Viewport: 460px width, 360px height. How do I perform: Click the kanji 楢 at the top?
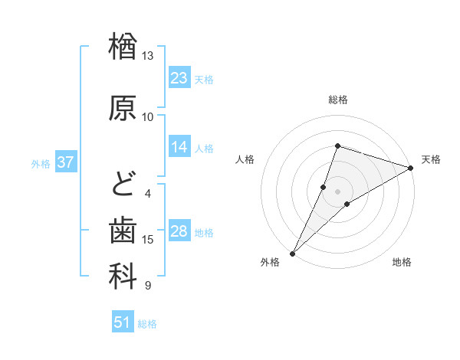(123, 47)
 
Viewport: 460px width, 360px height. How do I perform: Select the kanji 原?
(123, 108)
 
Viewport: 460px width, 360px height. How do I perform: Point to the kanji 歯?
(123, 231)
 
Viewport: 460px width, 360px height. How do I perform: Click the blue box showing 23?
(179, 78)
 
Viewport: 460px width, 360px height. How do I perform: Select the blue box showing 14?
(179, 147)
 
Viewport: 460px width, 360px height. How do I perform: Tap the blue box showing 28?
(179, 231)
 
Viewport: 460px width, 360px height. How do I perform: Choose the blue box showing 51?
(123, 322)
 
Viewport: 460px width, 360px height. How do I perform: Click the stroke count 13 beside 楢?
(147, 56)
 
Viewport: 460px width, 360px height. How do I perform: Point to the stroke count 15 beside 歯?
(148, 240)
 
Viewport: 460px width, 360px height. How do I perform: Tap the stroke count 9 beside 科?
(147, 286)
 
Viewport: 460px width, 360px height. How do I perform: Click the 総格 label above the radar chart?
(338, 100)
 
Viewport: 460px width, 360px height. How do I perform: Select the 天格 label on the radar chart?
(431, 159)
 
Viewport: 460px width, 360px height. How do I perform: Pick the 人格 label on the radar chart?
(245, 159)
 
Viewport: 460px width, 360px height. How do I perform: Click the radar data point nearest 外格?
(292, 253)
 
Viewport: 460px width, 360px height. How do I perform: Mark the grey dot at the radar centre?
(338, 191)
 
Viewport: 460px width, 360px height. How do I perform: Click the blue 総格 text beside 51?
(147, 324)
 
